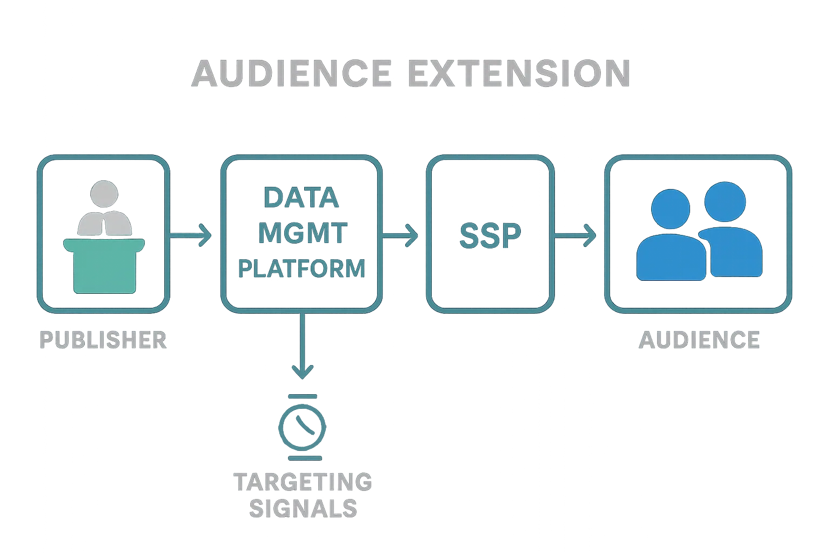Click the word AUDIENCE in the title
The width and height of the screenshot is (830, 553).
pyautogui.click(x=292, y=74)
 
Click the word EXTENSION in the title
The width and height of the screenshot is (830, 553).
pyautogui.click(x=519, y=74)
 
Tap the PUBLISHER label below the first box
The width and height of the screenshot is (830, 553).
pyautogui.click(x=103, y=340)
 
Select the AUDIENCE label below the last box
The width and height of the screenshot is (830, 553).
pyautogui.click(x=699, y=340)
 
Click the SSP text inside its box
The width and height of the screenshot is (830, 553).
pyautogui.click(x=490, y=235)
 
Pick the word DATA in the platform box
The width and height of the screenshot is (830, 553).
pyautogui.click(x=301, y=198)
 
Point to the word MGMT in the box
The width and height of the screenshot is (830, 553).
pyautogui.click(x=303, y=233)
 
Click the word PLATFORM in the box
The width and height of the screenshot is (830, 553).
pyautogui.click(x=302, y=268)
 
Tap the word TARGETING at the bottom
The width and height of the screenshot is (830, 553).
pyautogui.click(x=303, y=481)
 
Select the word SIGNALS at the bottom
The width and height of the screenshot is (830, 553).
pyautogui.click(x=304, y=508)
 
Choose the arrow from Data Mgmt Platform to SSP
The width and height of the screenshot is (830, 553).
pyautogui.click(x=400, y=235)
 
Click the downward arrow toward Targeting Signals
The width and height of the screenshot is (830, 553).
pyautogui.click(x=303, y=346)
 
